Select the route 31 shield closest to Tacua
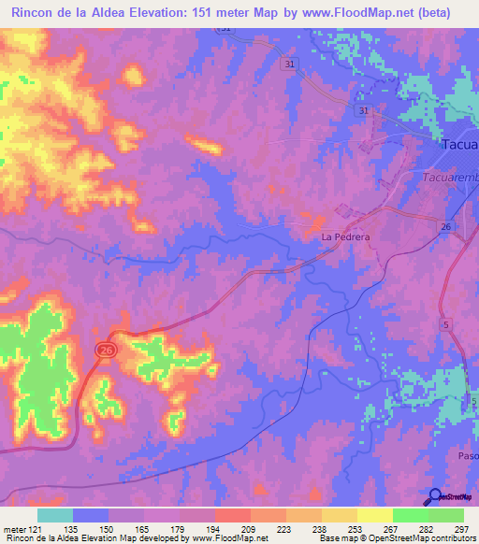point(361,110)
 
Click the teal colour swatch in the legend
point(55,515)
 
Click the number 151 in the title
point(220,13)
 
